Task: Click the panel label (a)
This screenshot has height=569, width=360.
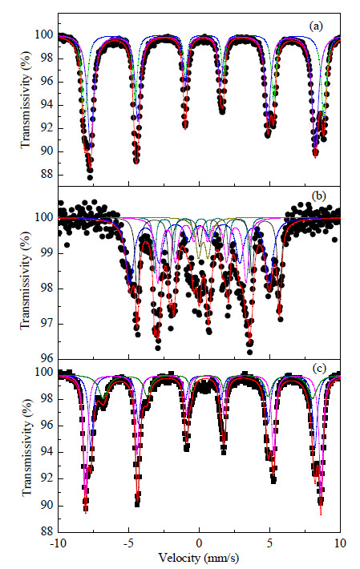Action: (315, 26)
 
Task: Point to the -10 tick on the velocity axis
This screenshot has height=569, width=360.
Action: (58, 543)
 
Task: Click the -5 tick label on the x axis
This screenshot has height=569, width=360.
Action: (128, 543)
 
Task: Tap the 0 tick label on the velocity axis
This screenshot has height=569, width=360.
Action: (199, 543)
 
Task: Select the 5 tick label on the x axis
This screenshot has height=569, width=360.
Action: (270, 543)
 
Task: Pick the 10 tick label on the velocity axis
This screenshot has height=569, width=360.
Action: (341, 543)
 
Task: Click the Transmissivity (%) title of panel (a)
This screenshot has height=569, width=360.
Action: (26, 99)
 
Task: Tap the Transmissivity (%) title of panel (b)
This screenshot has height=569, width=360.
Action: (26, 280)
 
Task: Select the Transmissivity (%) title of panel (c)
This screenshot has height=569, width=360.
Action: (26, 447)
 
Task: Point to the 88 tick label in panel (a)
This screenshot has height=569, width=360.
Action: (47, 175)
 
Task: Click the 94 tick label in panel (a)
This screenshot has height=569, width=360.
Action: (47, 105)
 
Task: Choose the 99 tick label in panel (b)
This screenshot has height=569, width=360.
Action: (47, 253)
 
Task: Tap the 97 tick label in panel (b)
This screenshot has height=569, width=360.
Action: (47, 324)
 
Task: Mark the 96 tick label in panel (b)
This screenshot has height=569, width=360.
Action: (47, 358)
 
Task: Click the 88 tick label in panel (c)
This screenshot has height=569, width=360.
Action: (47, 532)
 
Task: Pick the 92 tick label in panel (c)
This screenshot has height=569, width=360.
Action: (47, 478)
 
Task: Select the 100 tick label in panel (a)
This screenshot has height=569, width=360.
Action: (45, 34)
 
